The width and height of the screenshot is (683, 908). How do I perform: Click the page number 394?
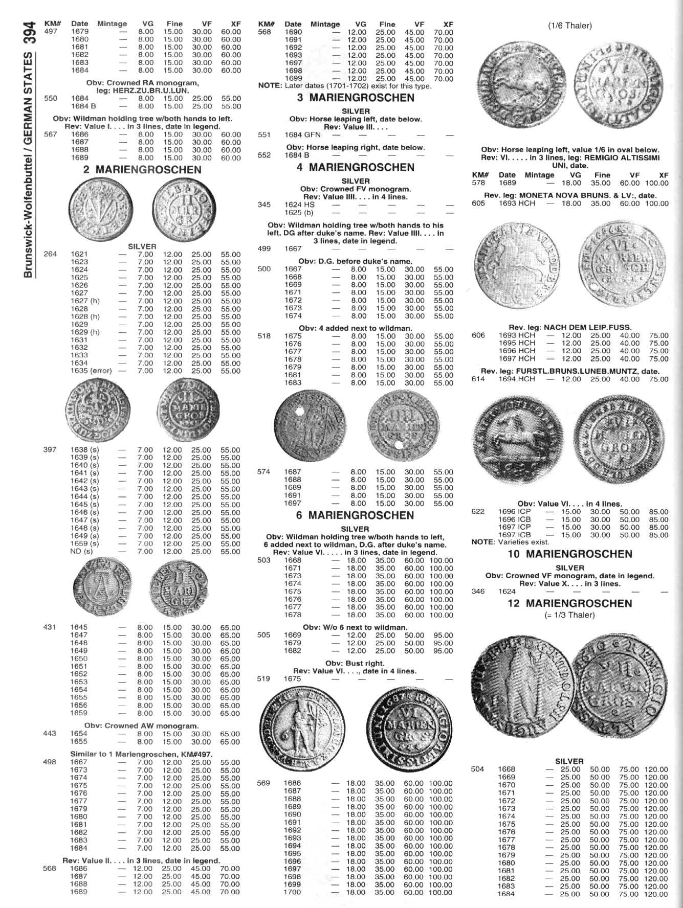(x=29, y=33)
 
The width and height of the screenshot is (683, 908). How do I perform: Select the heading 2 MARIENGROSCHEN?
(x=142, y=170)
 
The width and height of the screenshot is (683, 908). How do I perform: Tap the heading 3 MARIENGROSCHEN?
(x=356, y=98)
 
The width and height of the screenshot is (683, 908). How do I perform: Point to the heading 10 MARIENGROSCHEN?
(x=569, y=554)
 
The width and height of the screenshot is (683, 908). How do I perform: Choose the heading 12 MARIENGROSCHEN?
(x=569, y=603)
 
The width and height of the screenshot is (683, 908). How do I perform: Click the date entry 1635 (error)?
(x=91, y=371)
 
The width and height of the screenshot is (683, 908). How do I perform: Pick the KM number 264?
(x=50, y=254)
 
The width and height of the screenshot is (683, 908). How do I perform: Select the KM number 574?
(x=263, y=472)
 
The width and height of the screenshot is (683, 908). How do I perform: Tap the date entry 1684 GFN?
(x=302, y=135)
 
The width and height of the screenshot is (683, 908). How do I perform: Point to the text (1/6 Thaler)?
(x=569, y=26)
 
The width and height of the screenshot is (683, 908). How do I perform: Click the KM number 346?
(x=478, y=592)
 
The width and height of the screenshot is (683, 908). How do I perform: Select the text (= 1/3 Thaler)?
(x=569, y=615)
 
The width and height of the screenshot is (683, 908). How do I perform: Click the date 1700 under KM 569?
(x=293, y=892)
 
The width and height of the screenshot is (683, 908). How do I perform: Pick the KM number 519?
(x=263, y=679)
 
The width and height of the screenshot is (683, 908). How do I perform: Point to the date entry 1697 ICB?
(x=515, y=535)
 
